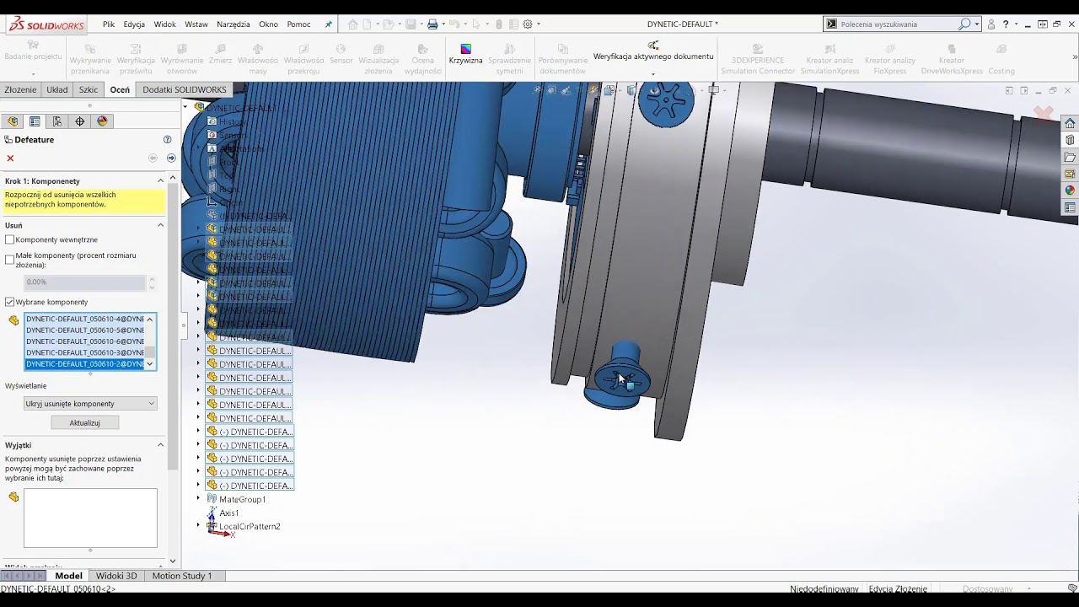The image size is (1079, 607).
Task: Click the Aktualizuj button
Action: tap(84, 422)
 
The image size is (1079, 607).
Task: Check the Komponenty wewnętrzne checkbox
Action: tap(10, 240)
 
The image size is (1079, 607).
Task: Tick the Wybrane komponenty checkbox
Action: tap(10, 302)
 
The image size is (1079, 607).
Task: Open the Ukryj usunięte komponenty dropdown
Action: tap(90, 404)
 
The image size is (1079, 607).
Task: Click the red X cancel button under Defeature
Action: tap(10, 158)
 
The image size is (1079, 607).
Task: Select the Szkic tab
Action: tap(89, 89)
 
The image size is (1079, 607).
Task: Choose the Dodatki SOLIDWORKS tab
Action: tap(185, 89)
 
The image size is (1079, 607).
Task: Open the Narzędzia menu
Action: tap(234, 24)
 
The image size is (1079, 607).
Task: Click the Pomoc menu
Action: tap(298, 24)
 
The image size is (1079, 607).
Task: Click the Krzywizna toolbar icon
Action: tap(465, 54)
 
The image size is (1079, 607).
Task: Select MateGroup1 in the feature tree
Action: tap(242, 499)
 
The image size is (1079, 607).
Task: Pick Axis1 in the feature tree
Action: tap(228, 513)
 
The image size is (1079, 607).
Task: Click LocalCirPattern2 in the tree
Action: tap(250, 526)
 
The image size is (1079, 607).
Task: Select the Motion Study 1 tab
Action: tap(182, 576)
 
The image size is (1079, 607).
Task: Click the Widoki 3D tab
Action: tap(116, 576)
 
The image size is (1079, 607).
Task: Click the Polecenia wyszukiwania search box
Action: tap(894, 24)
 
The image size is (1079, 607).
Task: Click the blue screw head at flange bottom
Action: tap(620, 381)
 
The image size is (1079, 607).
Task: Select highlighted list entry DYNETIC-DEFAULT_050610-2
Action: tap(84, 364)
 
